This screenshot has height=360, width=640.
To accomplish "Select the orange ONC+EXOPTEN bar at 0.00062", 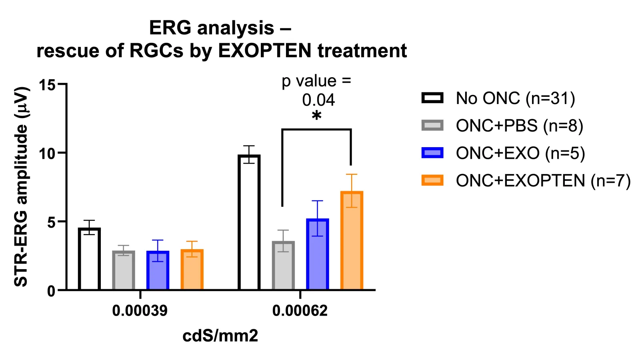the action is click(x=352, y=240).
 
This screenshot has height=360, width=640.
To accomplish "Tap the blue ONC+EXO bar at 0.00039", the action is click(x=158, y=270).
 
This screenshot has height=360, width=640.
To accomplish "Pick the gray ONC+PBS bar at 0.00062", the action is click(x=283, y=266).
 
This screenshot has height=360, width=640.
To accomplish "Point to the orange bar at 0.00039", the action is click(x=192, y=270).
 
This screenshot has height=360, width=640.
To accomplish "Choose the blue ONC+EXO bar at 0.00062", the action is click(x=318, y=254).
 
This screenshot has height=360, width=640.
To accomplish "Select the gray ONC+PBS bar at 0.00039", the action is click(x=124, y=270).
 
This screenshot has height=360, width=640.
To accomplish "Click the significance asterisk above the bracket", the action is click(x=316, y=116).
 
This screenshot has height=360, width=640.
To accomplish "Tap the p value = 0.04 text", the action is click(x=316, y=90).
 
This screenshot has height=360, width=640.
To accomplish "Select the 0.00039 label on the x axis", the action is click(x=140, y=310).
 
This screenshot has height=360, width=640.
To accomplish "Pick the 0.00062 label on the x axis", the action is click(x=300, y=310).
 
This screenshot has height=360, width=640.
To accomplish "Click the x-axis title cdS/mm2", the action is click(x=220, y=336).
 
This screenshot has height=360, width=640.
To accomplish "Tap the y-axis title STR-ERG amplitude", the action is click(x=21, y=186).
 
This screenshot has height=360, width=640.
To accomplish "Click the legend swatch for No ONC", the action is click(x=432, y=98).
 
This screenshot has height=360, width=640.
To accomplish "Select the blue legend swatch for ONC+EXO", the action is click(x=432, y=152).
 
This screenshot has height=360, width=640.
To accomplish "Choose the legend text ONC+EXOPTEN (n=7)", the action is click(x=543, y=180).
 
